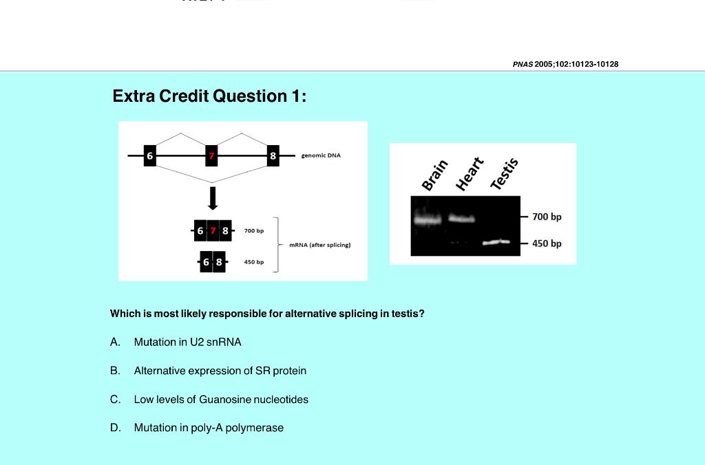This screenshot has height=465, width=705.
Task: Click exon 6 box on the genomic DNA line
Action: [149, 155]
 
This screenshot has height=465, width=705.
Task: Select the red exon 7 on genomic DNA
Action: [212, 155]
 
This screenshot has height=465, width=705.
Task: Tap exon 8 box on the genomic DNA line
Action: [273, 155]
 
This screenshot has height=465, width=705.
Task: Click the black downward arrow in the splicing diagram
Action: [213, 198]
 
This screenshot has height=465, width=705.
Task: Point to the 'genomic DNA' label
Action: [321, 155]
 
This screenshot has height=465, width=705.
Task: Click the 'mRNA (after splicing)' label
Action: [319, 245]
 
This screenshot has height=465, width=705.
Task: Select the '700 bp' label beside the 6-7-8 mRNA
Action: [254, 230]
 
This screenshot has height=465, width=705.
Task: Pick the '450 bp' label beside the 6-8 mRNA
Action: [254, 262]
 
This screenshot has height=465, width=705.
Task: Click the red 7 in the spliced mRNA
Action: [213, 230]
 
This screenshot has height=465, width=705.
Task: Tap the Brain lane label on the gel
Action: [434, 175]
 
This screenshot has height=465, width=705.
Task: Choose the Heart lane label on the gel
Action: [470, 173]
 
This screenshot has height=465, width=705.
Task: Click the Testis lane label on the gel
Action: [504, 173]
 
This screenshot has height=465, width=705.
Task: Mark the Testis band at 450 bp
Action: [496, 242]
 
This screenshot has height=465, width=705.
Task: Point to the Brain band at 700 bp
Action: [427, 220]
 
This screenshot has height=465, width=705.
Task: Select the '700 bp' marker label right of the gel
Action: [547, 217]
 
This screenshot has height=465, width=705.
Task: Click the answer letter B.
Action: [115, 371]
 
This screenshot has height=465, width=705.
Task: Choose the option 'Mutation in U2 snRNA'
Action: [187, 342]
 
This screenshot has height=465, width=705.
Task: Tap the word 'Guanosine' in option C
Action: [224, 400]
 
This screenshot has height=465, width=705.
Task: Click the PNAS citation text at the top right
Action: [565, 64]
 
